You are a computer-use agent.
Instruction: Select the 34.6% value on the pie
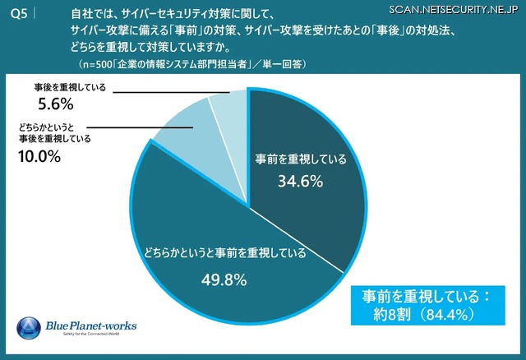click(x=301, y=181)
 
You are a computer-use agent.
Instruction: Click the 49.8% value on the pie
click(x=224, y=279)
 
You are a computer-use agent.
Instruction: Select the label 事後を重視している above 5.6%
click(x=71, y=86)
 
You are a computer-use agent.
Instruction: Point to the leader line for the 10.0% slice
click(x=140, y=127)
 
